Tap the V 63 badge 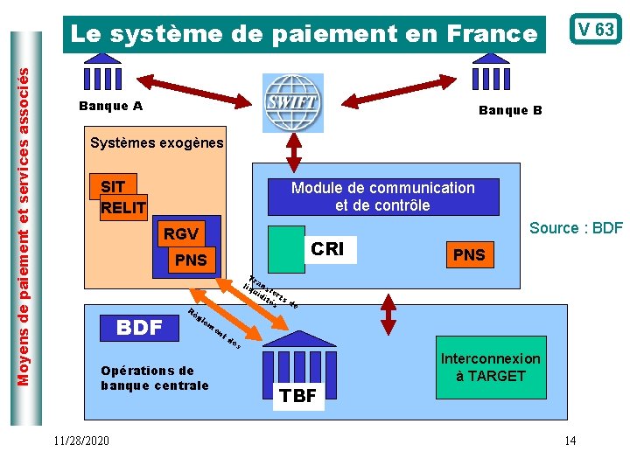click(x=594, y=30)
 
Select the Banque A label click(x=110, y=107)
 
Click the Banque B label click(x=510, y=110)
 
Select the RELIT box click(x=123, y=207)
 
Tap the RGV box click(x=181, y=234)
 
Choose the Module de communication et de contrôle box click(x=382, y=197)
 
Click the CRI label click(x=327, y=249)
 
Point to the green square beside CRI click(x=286, y=249)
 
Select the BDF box click(x=140, y=328)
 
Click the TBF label click(x=298, y=396)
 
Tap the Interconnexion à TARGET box click(x=490, y=368)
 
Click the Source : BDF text click(x=576, y=228)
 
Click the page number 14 click(x=570, y=440)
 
